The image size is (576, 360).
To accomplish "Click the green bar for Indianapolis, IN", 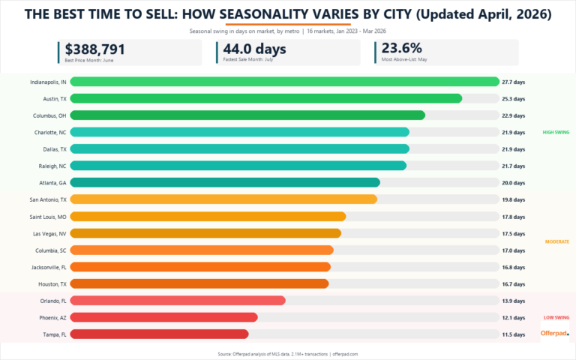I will click(x=285, y=82).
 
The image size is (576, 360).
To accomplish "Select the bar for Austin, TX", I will click(x=266, y=98).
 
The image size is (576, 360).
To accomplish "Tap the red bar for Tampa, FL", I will click(x=159, y=334).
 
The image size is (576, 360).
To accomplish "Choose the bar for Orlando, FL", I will click(x=178, y=300).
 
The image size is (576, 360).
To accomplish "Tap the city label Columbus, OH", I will click(x=49, y=115).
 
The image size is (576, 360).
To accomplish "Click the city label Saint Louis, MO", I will click(x=47, y=216).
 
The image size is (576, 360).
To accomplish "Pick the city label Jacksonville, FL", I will click(x=47, y=267).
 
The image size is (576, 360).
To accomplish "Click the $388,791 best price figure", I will click(x=95, y=49).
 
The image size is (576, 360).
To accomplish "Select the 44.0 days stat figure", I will click(x=254, y=49).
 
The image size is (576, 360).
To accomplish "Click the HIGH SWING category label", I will click(x=556, y=132).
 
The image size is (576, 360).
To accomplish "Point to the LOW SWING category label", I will click(x=556, y=317).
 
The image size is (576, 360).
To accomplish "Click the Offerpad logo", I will click(x=554, y=333).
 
